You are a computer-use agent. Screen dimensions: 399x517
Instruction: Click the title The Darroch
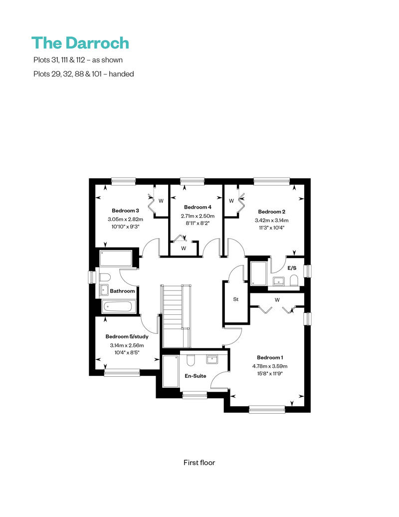[80, 43]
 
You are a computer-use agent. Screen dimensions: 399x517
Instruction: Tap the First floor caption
[199, 463]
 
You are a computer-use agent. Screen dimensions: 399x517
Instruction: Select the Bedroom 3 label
[125, 211]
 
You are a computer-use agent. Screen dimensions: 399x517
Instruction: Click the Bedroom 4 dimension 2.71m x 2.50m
[198, 216]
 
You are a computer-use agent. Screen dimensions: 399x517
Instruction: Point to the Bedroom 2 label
[271, 212]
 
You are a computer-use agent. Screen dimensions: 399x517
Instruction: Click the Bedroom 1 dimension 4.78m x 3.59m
[270, 366]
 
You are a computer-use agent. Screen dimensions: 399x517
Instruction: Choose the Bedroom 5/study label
[127, 337]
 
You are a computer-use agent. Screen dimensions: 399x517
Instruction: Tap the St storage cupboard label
[235, 299]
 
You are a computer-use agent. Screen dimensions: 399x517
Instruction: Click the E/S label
[292, 268]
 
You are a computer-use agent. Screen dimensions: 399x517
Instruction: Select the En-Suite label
[196, 376]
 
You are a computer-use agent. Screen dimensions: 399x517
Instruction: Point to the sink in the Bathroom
[104, 289]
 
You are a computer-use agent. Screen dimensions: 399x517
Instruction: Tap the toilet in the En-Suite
[191, 360]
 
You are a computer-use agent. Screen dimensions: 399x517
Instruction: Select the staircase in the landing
[176, 316]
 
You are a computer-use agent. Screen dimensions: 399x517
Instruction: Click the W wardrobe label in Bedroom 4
[184, 249]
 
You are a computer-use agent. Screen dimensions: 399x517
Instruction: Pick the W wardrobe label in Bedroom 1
[277, 300]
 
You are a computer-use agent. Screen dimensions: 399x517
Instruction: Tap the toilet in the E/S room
[294, 281]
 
